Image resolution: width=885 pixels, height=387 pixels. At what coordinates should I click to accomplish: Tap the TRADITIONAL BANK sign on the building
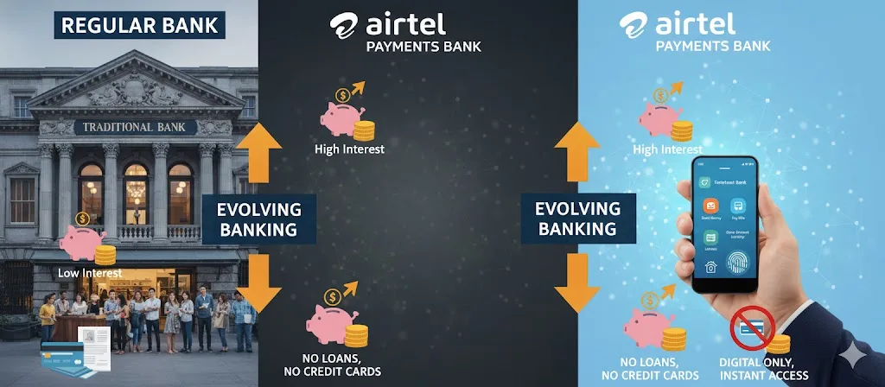137,128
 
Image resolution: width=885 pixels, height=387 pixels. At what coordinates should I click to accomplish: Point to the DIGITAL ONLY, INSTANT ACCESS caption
762,369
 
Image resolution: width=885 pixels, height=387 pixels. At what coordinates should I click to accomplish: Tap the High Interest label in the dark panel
349,149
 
